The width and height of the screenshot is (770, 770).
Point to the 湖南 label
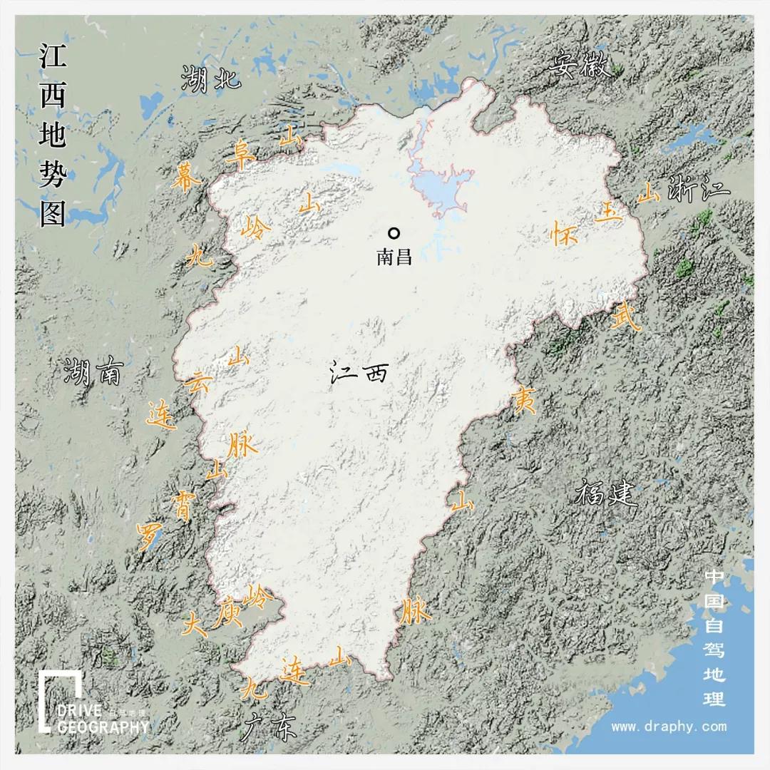pyautogui.click(x=93, y=371)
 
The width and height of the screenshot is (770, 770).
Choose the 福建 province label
pyautogui.click(x=605, y=493)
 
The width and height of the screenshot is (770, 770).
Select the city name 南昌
pyautogui.click(x=394, y=257)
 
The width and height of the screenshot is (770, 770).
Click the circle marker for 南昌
pyautogui.click(x=393, y=232)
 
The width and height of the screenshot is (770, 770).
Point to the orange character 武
pyautogui.click(x=627, y=317)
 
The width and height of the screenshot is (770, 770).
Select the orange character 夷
pyautogui.click(x=525, y=402)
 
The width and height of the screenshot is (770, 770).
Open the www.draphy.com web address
pyautogui.click(x=669, y=727)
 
